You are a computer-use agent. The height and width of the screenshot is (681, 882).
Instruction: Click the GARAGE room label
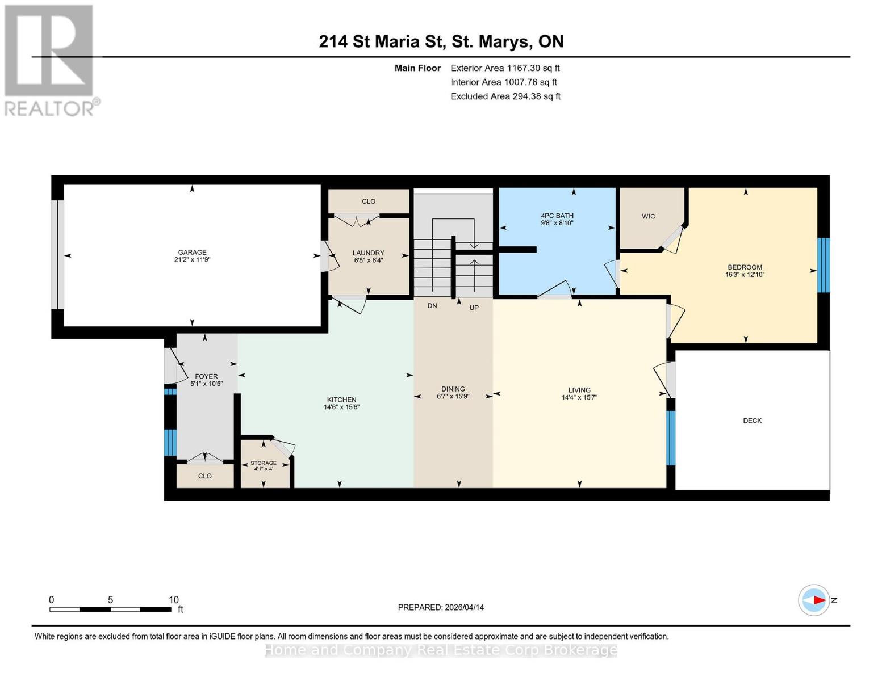pyautogui.click(x=192, y=252)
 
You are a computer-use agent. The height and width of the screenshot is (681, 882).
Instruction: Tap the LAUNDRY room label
pyautogui.click(x=368, y=253)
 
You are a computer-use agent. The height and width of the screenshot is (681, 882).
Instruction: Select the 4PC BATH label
pyautogui.click(x=557, y=216)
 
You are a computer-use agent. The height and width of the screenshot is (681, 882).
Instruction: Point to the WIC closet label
pyautogui.click(x=648, y=216)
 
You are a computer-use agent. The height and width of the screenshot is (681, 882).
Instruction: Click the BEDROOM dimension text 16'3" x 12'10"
pyautogui.click(x=745, y=275)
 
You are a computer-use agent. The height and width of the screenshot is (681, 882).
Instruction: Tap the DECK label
pyautogui.click(x=752, y=421)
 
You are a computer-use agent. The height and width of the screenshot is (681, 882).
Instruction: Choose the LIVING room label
pyautogui.click(x=579, y=390)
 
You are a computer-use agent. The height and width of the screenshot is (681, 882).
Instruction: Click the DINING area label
pyautogui.click(x=453, y=389)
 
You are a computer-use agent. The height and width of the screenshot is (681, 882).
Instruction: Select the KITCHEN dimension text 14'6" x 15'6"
pyautogui.click(x=341, y=407)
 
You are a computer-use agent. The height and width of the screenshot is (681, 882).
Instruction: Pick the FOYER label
pyautogui.click(x=206, y=376)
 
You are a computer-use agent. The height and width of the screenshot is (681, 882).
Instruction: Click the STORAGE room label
pyautogui.click(x=264, y=463)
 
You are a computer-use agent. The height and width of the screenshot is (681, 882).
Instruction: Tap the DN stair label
pyautogui.click(x=432, y=306)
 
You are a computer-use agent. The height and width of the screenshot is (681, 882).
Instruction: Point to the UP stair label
pyautogui.click(x=474, y=308)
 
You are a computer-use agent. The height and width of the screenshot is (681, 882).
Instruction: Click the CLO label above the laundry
pyautogui.click(x=369, y=201)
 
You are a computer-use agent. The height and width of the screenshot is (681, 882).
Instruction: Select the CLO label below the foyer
pyautogui.click(x=205, y=476)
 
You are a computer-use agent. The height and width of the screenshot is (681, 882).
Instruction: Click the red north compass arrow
pyautogui.click(x=818, y=600)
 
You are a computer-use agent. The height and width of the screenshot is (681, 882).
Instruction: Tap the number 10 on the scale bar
pyautogui.click(x=174, y=600)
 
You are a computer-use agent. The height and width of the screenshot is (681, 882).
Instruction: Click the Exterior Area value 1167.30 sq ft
pyautogui.click(x=533, y=68)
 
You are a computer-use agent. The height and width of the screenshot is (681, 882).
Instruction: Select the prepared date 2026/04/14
pyautogui.click(x=464, y=607)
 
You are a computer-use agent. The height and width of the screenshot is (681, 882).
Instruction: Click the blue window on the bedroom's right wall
pyautogui.click(x=823, y=264)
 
